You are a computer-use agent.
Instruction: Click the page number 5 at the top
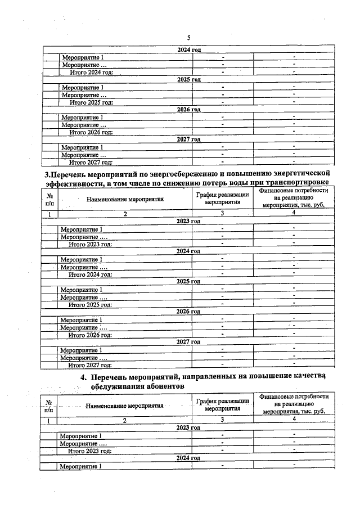[188, 38]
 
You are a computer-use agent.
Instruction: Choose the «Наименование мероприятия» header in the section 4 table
[125, 405]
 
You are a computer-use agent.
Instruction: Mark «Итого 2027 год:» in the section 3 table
[90, 365]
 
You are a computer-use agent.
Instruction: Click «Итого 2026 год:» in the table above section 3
[91, 132]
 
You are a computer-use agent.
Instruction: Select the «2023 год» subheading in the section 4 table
[188, 428]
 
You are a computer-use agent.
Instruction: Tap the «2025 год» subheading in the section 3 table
[188, 281]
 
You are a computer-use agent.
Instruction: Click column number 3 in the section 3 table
[222, 214]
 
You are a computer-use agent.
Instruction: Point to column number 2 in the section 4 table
[125, 421]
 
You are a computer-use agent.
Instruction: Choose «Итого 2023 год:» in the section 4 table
[89, 451]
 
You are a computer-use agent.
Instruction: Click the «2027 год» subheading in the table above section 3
[188, 139]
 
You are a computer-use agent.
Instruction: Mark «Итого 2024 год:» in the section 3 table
[90, 274]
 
